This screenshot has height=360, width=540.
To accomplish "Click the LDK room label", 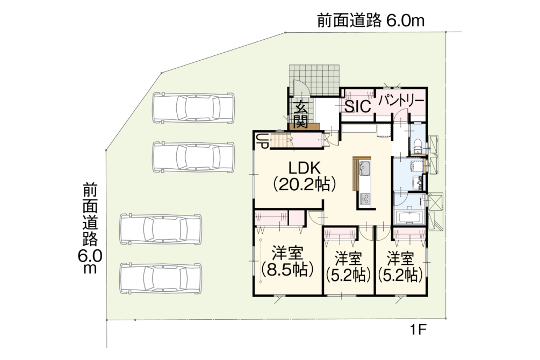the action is [x=305, y=168].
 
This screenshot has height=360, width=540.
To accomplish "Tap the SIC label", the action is [x=358, y=106].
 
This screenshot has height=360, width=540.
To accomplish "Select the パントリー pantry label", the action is [x=401, y=100].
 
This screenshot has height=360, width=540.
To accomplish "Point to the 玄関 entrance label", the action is [x=300, y=114].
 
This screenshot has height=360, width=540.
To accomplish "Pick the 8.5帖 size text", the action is [x=287, y=270].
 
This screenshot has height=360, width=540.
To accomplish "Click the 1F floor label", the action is [x=418, y=330].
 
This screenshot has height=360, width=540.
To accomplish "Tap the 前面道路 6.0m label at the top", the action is [x=371, y=20].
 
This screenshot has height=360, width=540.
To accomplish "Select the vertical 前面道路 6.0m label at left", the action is [x=90, y=229].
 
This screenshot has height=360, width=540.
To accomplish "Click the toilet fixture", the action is [x=417, y=146].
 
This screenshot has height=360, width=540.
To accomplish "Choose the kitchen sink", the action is [x=365, y=169].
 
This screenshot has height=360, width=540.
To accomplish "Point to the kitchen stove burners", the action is [x=365, y=199].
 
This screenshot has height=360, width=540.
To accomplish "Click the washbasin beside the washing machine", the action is [x=417, y=182].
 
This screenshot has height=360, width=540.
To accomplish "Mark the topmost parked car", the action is [x=194, y=107].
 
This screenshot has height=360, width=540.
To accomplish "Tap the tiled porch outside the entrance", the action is [x=314, y=80].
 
